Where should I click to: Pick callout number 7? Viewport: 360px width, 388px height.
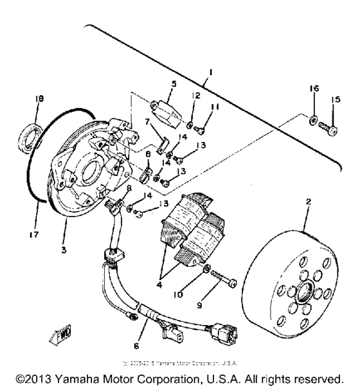[x=147, y=121]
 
